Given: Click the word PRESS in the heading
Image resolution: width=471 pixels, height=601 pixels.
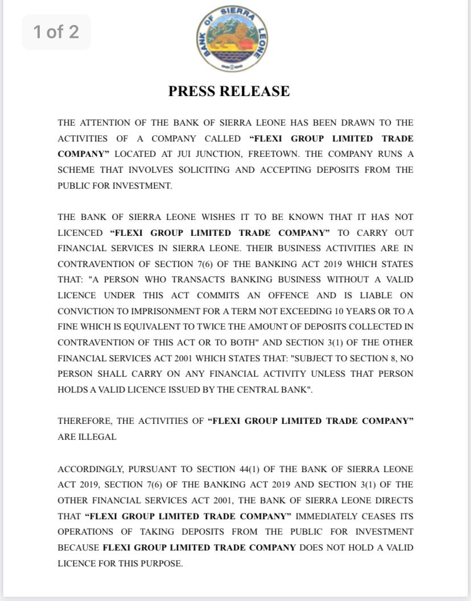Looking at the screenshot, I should pos(191,91).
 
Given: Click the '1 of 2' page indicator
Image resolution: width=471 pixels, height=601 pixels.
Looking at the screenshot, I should pos(56,32).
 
